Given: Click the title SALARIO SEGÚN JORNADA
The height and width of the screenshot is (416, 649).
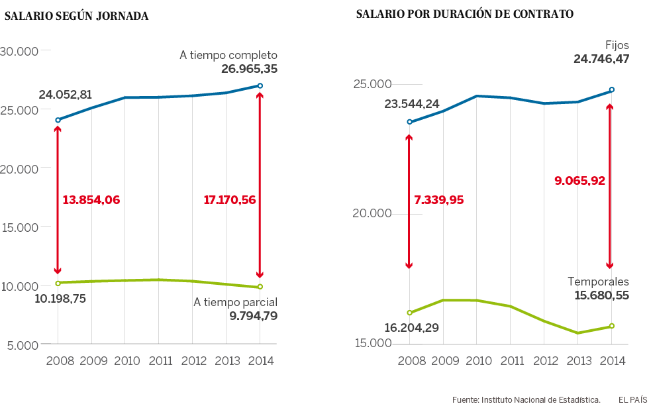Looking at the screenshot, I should point(77,17).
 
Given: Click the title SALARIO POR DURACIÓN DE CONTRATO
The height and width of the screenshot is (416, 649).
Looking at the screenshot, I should point(465,14).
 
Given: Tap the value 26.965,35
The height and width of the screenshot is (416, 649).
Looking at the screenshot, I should point(250,68).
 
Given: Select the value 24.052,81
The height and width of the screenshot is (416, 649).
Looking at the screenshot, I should point(66,95).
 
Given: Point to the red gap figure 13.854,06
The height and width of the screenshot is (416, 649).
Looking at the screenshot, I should point(91,199).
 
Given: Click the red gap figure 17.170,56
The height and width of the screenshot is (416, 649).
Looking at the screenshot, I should point(230,199).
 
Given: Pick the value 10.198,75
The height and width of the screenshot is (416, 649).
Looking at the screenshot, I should point(60,298).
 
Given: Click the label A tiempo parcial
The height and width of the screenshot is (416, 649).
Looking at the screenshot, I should point(235,302).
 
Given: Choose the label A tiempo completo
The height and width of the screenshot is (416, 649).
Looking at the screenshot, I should point(228,55).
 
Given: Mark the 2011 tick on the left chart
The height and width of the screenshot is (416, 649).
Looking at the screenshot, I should point(158,361).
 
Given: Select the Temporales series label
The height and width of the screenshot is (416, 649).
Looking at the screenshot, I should point(598,282).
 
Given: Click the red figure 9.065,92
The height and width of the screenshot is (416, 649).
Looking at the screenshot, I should point(580,180).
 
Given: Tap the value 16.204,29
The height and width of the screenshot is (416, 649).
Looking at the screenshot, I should point(412,327).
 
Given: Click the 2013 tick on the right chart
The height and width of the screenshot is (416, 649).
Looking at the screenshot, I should point(578,360).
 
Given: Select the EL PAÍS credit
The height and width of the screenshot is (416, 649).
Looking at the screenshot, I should point(632,399).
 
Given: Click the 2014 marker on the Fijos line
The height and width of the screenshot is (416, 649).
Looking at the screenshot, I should point(612,89).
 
